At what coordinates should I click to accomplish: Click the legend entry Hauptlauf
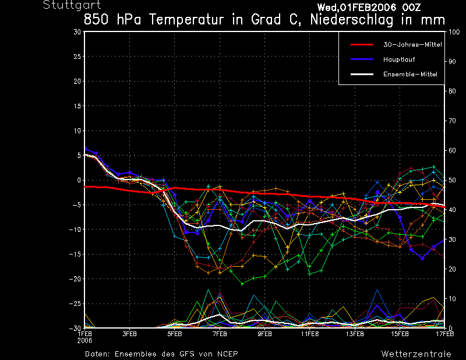[399, 59]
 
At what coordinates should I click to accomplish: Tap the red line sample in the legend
[361, 44]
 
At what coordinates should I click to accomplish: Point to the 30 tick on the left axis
[77, 32]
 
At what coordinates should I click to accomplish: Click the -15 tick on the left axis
[75, 254]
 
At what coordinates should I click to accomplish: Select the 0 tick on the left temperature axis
[79, 180]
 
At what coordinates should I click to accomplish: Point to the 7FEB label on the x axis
[220, 335]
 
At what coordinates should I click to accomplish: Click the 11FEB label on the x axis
[309, 335]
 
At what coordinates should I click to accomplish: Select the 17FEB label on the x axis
[445, 335]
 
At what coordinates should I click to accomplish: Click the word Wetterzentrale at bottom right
[416, 354]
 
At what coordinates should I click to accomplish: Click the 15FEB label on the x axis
[400, 335]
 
